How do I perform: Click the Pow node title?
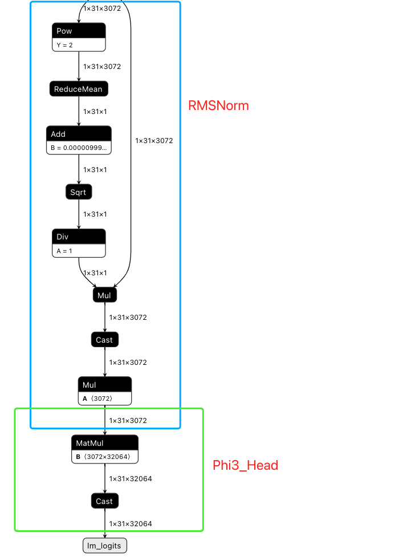pyautogui.click(x=79, y=31)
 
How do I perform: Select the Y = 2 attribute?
pyautogui.click(x=79, y=45)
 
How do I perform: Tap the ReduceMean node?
pyautogui.click(x=79, y=89)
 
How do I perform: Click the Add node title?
pyautogui.click(x=79, y=134)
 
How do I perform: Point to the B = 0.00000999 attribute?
pyautogui.click(x=79, y=148)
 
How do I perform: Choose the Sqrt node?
pyautogui.click(x=79, y=192)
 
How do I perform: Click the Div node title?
pyautogui.click(x=79, y=237)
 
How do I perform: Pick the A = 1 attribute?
pyautogui.click(x=79, y=250)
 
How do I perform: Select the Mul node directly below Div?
pyautogui.click(x=105, y=295)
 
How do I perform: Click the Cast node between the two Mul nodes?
pyautogui.click(x=105, y=340)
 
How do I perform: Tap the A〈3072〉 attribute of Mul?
pyautogui.click(x=105, y=399)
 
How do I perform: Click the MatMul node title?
pyautogui.click(x=105, y=442)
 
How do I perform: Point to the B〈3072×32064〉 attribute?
pyautogui.click(x=105, y=457)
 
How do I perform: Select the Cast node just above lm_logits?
pyautogui.click(x=105, y=501)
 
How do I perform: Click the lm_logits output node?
pyautogui.click(x=105, y=546)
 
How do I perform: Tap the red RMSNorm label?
pyautogui.click(x=218, y=105)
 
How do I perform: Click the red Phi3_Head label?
pyautogui.click(x=245, y=465)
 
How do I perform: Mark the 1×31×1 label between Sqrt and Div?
pyautogui.click(x=95, y=214)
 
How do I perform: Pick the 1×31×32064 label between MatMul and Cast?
pyautogui.click(x=131, y=479)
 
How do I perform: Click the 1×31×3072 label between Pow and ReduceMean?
pyautogui.click(x=102, y=67)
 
